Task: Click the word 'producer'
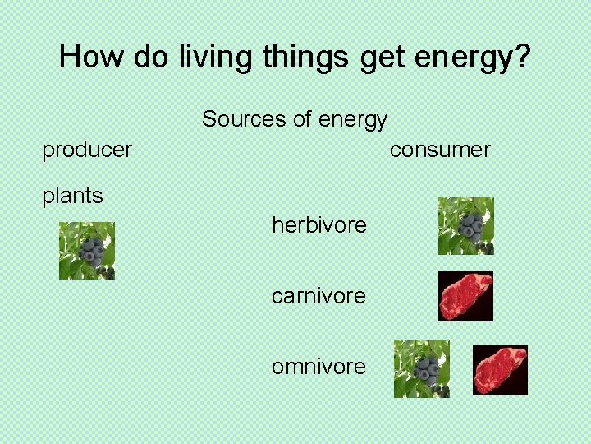(x=87, y=150)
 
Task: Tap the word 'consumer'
(x=440, y=150)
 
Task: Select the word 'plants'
(x=73, y=196)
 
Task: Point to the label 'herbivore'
(x=319, y=224)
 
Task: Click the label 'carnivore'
(x=318, y=295)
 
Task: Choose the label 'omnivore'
(x=318, y=366)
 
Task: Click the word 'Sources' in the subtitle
(x=241, y=119)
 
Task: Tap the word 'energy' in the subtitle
(x=353, y=120)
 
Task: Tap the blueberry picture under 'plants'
(x=87, y=251)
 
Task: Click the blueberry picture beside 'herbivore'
(x=465, y=226)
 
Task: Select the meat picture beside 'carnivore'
(x=465, y=296)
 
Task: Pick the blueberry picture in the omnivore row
(x=422, y=369)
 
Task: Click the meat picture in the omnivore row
(x=500, y=370)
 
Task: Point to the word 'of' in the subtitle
(x=302, y=119)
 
